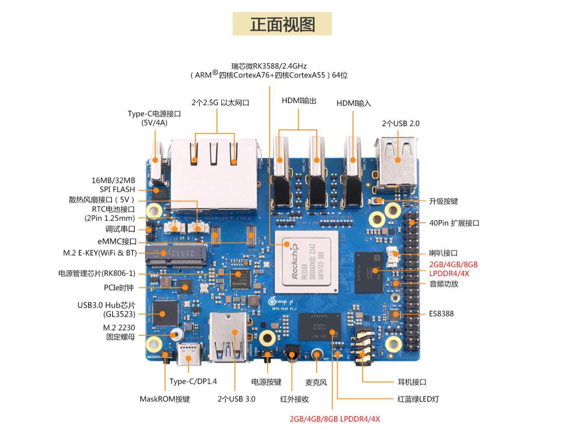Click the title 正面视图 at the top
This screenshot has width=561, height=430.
click(x=282, y=24)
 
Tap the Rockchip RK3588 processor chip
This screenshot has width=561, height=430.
click(x=306, y=261)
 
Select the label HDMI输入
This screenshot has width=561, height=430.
click(x=353, y=103)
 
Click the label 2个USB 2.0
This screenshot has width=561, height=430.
click(x=400, y=123)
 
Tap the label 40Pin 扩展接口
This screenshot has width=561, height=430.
click(x=454, y=223)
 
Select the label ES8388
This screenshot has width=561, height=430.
click(x=441, y=314)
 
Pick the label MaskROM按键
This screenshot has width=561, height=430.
click(x=165, y=399)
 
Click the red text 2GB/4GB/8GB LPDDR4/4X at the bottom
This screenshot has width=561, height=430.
click(x=334, y=419)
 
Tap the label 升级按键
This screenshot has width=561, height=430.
click(x=443, y=201)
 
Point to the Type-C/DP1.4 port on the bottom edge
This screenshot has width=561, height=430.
click(x=189, y=354)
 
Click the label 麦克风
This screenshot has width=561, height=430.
click(x=316, y=382)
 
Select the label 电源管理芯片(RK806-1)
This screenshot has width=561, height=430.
click(x=97, y=273)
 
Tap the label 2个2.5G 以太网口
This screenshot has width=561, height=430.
click(x=220, y=103)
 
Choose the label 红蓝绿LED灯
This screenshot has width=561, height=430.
click(x=418, y=399)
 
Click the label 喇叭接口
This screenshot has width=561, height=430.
click(x=443, y=253)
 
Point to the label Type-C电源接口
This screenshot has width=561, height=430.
click(x=154, y=114)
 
